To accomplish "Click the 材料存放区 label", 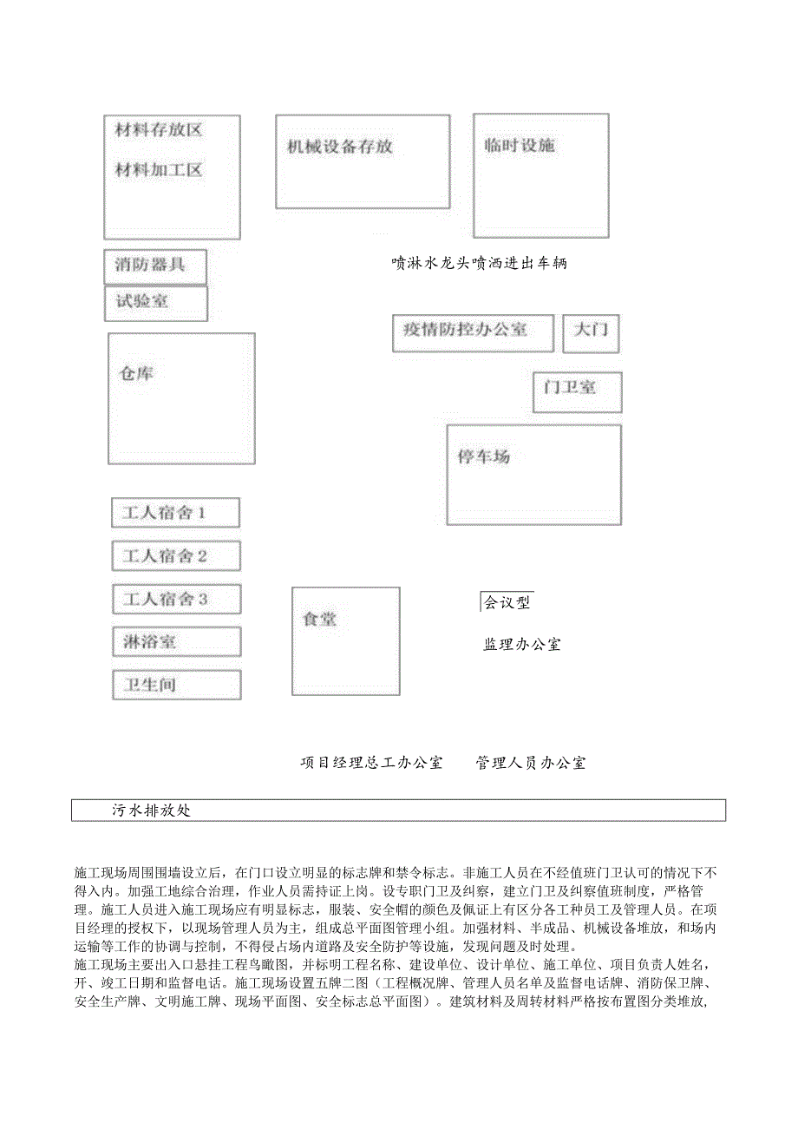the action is pos(159,130).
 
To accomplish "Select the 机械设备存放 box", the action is pos(363,161).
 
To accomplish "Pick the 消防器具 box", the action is pos(155,266).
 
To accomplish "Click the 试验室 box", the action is pos(156,303).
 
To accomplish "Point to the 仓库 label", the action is pos(136,374).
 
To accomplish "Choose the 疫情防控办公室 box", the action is pos(473,332).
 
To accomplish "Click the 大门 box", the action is pos(591,333).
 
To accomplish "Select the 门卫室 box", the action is pos(577,392).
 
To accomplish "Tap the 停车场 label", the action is pos(483,456).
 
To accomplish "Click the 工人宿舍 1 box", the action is pos(175,512).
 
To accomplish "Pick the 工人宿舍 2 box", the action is pos(176,555).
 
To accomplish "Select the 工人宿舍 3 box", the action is pos(176,599).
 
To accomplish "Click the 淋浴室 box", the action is pos(176,642).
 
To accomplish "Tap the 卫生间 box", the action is pos(176,685).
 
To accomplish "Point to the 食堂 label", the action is pos(319,620).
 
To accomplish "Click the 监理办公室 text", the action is pos(522,644).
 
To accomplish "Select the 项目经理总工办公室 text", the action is pos(371,763).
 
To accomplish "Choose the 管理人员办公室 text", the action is pos(531,763).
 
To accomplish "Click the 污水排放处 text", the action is pos(151,811).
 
